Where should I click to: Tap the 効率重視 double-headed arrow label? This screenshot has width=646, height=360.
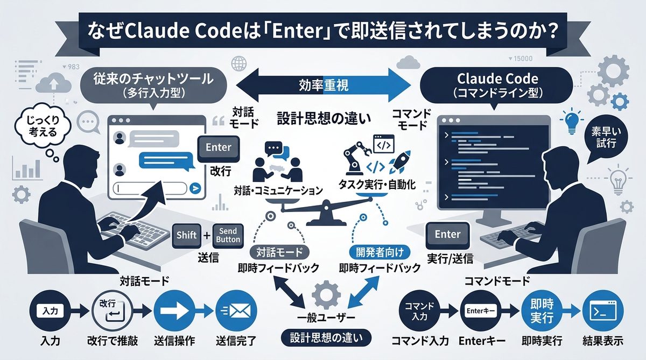(322, 84)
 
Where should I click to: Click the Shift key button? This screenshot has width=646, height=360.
(187, 236)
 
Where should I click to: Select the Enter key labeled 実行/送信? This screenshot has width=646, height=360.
(447, 235)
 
